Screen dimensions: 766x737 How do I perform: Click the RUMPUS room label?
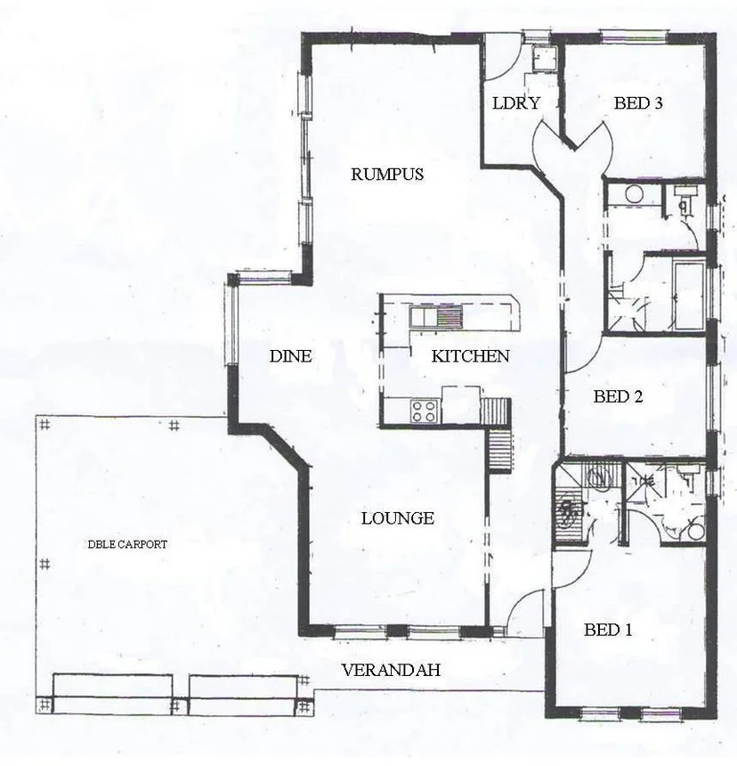point(386,175)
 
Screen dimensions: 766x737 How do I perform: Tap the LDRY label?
point(516,103)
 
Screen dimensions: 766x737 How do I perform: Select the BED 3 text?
point(638,103)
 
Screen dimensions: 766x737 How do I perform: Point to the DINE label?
point(290,357)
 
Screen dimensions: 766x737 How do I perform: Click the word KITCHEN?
point(470,357)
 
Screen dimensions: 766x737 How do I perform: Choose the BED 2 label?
point(618,397)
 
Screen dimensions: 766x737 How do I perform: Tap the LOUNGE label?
point(397,518)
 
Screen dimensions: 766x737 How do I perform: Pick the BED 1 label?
point(608,631)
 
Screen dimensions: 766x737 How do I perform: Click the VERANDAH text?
point(391,671)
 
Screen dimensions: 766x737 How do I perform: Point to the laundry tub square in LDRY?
point(541,59)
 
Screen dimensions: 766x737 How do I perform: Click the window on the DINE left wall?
point(232,326)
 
